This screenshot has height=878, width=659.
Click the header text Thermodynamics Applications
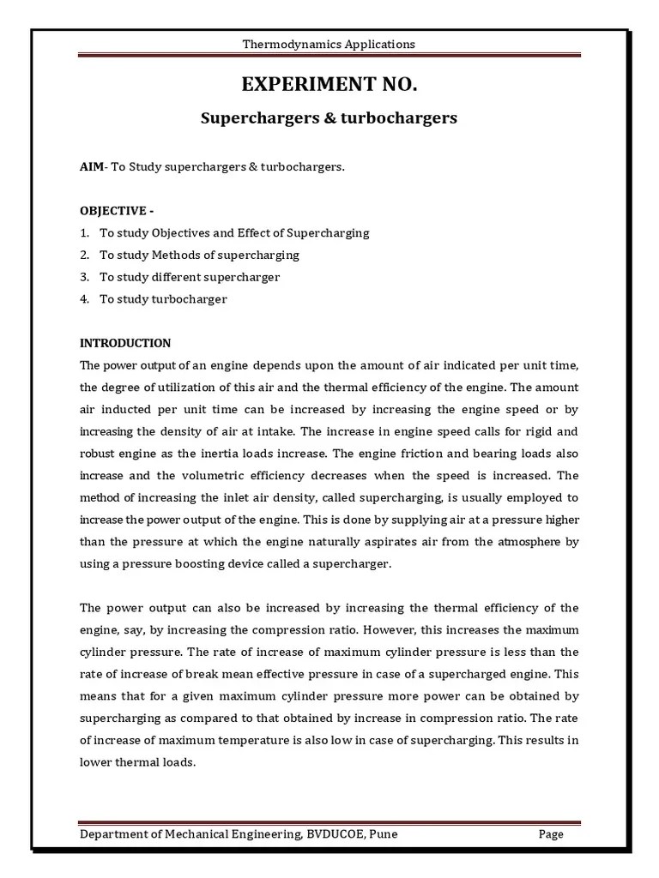[x=329, y=44]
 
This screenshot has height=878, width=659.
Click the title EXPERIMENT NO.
[x=329, y=85]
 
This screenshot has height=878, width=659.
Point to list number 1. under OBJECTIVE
[x=85, y=232]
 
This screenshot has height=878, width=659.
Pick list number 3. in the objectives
[x=85, y=277]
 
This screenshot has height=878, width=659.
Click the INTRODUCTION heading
[x=125, y=343]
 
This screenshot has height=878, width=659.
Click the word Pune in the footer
[x=381, y=834]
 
